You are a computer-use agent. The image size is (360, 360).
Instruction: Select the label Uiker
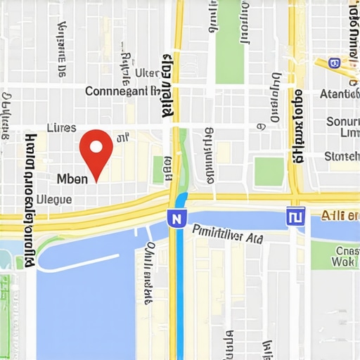pyautogui.click(x=148, y=72)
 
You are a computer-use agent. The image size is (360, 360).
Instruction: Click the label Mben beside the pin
pyautogui.click(x=72, y=179)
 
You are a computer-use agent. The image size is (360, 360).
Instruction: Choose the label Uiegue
pyautogui.click(x=53, y=200)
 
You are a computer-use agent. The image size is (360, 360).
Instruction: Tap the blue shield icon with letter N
pyautogui.click(x=176, y=219)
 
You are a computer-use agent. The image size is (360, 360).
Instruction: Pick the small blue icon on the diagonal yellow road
pyautogui.click(x=333, y=63)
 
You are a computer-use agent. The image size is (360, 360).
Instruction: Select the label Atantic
pyautogui.click(x=339, y=94)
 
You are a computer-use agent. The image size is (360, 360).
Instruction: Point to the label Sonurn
pyautogui.click(x=343, y=122)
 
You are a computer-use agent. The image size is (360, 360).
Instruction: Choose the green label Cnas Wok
pyautogui.click(x=346, y=257)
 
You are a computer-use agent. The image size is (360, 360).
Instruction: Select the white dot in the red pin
pyautogui.click(x=96, y=144)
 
